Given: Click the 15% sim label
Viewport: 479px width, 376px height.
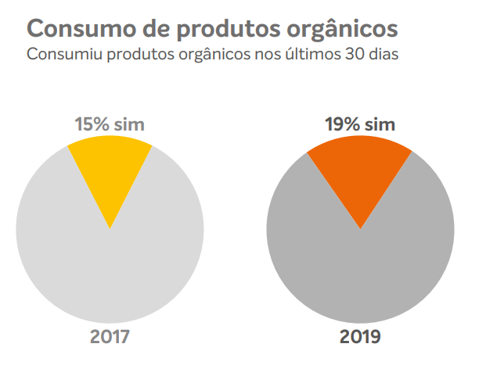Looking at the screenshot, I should coord(110,124).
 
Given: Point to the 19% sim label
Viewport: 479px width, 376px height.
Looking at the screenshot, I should coord(360,124).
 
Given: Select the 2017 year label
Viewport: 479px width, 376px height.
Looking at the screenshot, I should coord(110,337).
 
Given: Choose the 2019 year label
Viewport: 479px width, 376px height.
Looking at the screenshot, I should coord(360,337).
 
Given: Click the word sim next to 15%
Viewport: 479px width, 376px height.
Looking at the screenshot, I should coord(130,124).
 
